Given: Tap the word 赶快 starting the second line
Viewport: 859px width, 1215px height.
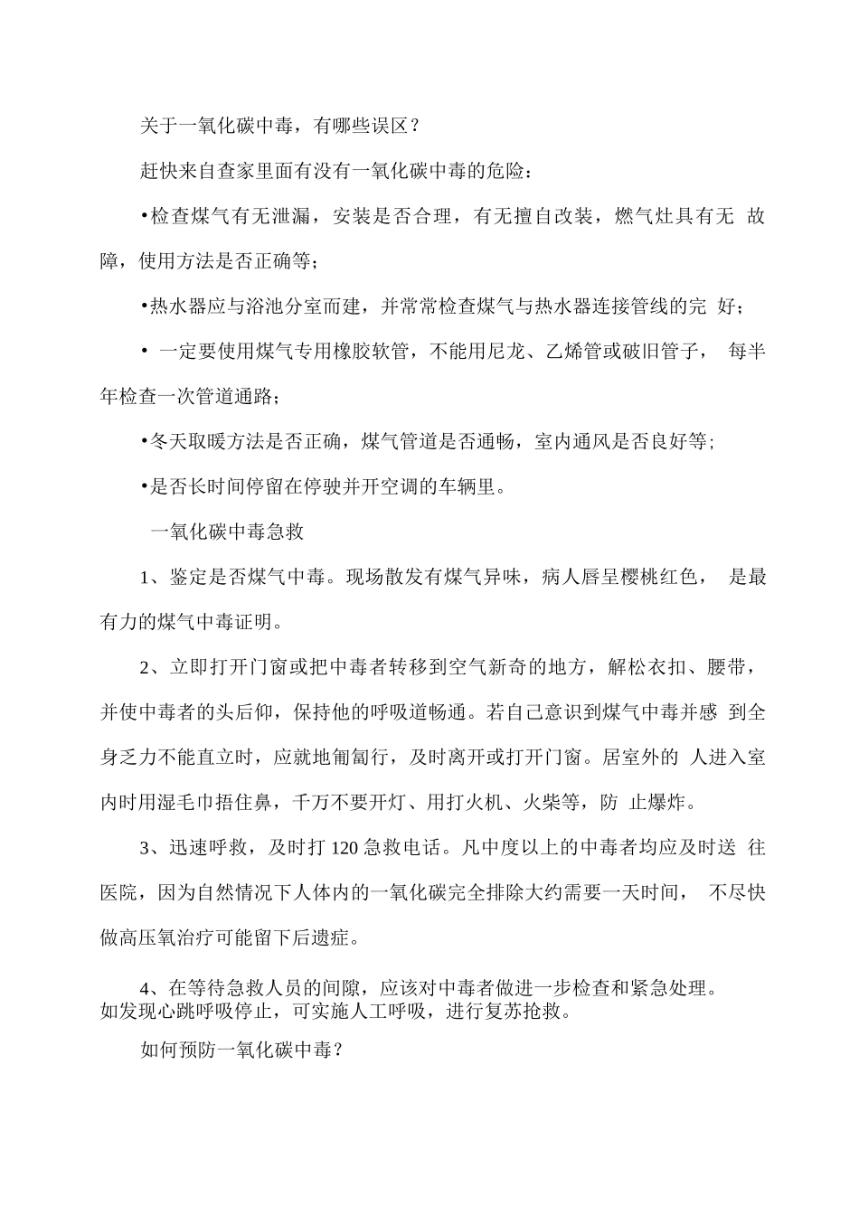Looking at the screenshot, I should [160, 171].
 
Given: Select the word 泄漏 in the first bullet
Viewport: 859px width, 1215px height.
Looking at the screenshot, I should [290, 217].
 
